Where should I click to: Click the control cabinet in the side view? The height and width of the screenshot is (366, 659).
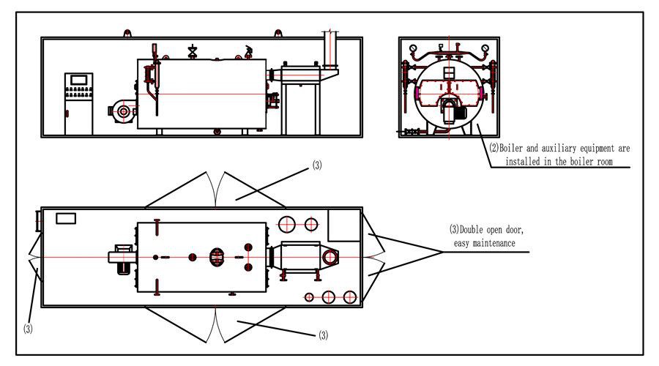(x=78, y=102)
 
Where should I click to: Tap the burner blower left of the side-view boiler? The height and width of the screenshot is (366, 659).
(x=122, y=111)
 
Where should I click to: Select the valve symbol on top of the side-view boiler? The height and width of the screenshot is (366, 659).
(x=193, y=51)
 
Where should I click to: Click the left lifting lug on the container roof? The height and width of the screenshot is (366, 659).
(x=127, y=34)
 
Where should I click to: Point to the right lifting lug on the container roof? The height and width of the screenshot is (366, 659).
(x=278, y=34)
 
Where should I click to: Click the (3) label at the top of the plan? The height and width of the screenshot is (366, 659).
(x=316, y=165)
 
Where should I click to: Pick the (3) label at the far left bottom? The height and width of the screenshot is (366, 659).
(x=27, y=329)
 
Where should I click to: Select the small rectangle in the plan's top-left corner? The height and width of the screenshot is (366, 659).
(x=67, y=218)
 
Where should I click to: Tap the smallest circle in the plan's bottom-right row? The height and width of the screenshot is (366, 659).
(x=309, y=296)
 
